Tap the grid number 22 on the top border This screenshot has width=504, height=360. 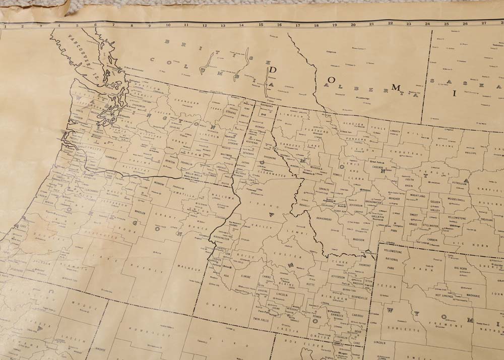pyautogui.click(x=391, y=23)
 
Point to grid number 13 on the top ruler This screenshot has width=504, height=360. pyautogui.click(x=223, y=24)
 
